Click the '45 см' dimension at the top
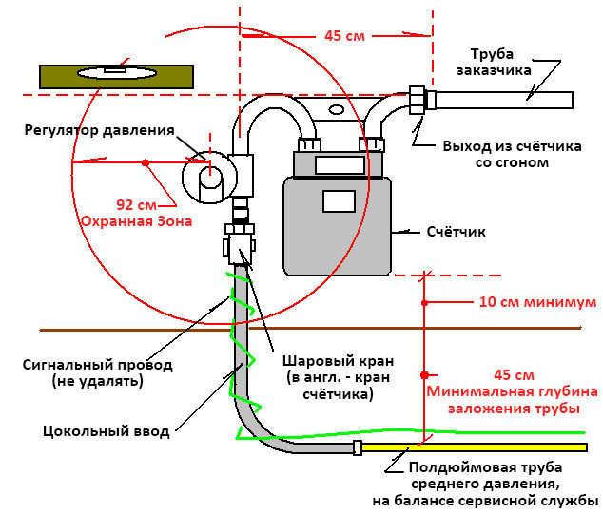tap(344, 36)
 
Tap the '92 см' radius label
tap(137, 204)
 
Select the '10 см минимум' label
tap(537, 302)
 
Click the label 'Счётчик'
tap(457, 232)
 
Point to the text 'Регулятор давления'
tap(100, 130)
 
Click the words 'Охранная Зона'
tap(137, 221)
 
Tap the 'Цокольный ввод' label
tap(107, 431)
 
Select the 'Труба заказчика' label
tap(494, 62)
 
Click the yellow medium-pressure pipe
tap(475, 447)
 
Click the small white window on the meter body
tap(339, 201)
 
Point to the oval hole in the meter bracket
tap(337, 110)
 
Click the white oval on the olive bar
tap(117, 72)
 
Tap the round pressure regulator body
tap(207, 177)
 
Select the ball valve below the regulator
tap(239, 244)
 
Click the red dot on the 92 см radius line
tap(146, 162)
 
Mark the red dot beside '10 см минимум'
tap(424, 303)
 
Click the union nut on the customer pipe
tap(417, 100)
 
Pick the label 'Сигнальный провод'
tap(98, 365)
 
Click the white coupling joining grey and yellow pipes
tap(358, 447)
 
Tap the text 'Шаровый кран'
tap(339, 361)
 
